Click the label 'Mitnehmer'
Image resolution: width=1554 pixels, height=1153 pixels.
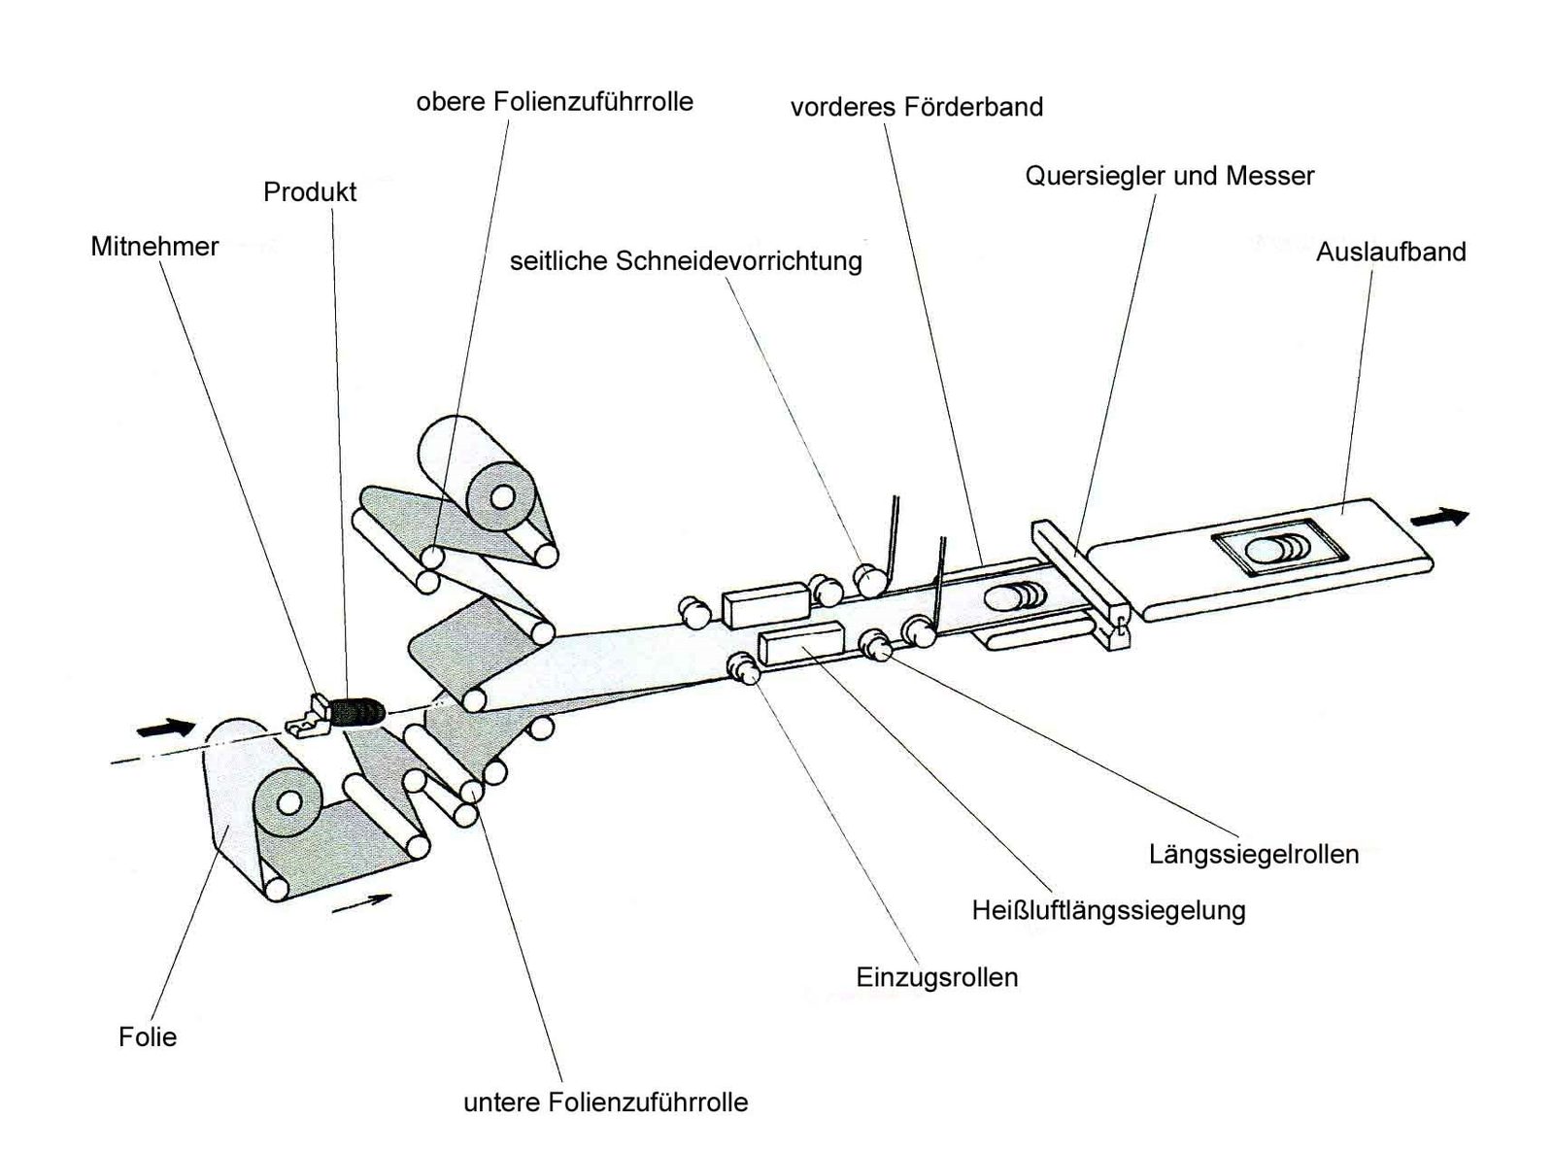tap(154, 247)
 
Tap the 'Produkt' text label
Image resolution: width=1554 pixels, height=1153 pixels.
tap(310, 192)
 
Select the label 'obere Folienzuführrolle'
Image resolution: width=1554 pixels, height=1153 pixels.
tap(555, 102)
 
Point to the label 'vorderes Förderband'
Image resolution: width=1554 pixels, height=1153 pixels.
tap(917, 107)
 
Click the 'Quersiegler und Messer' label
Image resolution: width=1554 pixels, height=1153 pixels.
tap(1169, 176)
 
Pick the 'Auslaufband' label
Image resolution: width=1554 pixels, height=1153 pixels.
tap(1391, 252)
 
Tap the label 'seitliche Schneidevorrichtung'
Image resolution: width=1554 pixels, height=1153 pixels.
tap(686, 261)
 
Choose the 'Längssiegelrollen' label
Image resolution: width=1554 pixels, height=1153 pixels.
tap(1254, 855)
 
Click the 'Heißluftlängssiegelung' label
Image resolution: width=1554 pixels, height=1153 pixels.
tap(1108, 910)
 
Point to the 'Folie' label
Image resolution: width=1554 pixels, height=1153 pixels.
tap(148, 1036)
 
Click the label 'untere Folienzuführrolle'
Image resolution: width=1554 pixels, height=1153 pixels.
tap(605, 1102)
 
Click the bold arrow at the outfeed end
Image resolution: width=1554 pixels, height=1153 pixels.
tap(1439, 518)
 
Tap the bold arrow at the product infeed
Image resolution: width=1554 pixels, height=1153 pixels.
tap(165, 728)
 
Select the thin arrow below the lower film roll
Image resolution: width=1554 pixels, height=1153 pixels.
tap(361, 902)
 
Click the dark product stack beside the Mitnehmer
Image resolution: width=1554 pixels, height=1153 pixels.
tap(358, 712)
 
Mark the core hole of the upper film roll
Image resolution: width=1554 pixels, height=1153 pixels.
tap(501, 497)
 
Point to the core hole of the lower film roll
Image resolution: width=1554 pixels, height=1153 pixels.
tap(287, 802)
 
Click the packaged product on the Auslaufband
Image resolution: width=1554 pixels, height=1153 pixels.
tap(1279, 546)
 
